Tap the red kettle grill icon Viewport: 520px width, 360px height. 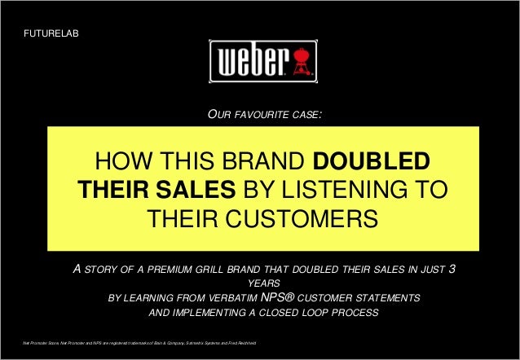[303, 61]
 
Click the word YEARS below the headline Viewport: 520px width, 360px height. [260, 284]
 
